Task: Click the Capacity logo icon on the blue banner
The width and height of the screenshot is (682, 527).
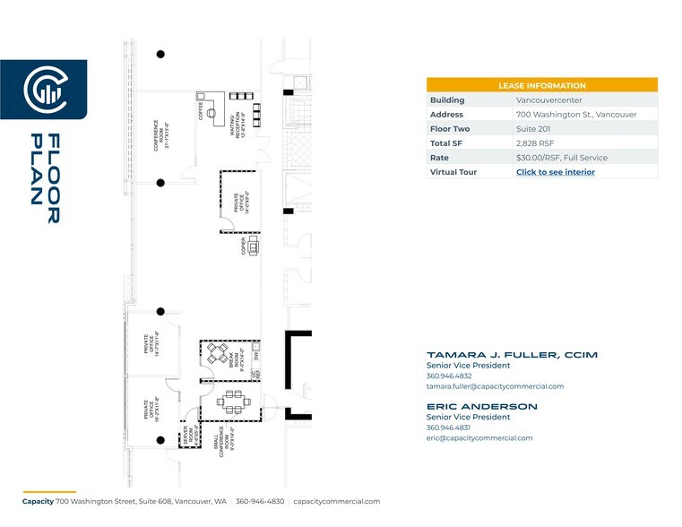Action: pyautogui.click(x=42, y=88)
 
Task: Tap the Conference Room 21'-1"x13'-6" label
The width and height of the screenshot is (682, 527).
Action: pyautogui.click(x=160, y=134)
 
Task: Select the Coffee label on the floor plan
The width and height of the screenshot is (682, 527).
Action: pyautogui.click(x=202, y=112)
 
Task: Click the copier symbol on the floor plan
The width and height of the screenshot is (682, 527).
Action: pyautogui.click(x=254, y=246)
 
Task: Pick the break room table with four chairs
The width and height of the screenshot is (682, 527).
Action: pyautogui.click(x=218, y=355)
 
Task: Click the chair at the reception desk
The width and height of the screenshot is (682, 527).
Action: pyautogui.click(x=212, y=114)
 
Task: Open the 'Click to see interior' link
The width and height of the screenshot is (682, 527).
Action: pyautogui.click(x=555, y=172)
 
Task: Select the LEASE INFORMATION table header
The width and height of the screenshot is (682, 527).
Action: pyautogui.click(x=541, y=85)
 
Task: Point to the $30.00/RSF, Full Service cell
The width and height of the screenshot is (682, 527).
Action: pyautogui.click(x=561, y=158)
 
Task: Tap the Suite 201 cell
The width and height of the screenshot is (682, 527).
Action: pyautogui.click(x=534, y=129)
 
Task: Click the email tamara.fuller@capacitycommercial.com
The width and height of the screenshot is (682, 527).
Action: pyautogui.click(x=495, y=386)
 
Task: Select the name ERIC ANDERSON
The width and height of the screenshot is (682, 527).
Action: pyautogui.click(x=481, y=406)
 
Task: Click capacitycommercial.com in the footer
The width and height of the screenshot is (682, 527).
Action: pyautogui.click(x=337, y=502)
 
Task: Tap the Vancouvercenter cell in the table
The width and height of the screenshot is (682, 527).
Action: pyautogui.click(x=548, y=100)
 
